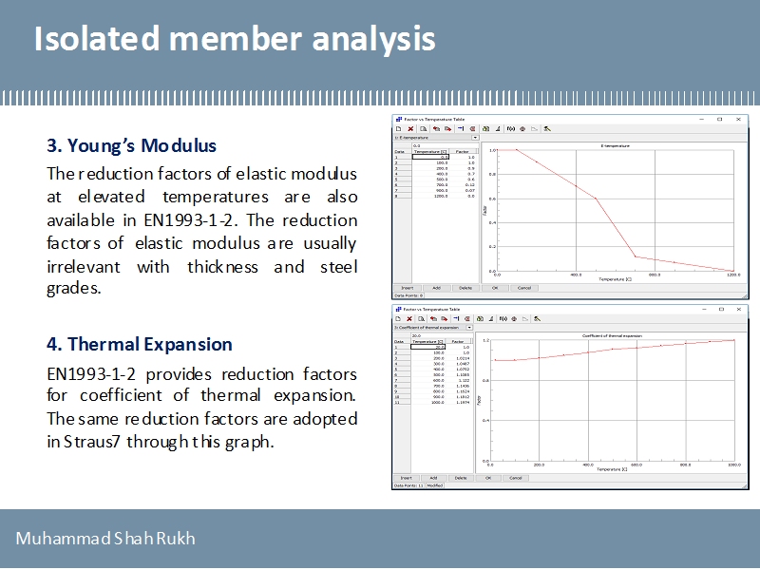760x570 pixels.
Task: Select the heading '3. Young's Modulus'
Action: coord(132,146)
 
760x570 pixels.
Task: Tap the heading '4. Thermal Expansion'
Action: coord(140,344)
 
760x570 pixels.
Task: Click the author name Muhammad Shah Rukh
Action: coord(105,539)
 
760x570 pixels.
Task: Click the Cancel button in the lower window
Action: coord(516,478)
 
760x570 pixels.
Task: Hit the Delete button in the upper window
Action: coord(465,287)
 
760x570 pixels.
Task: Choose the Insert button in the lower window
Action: coord(406,478)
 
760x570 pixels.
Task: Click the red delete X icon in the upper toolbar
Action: coord(410,128)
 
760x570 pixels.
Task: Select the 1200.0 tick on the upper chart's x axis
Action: coord(732,275)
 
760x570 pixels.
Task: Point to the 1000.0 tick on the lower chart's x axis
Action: coord(733,465)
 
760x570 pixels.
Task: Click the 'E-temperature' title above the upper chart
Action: coord(615,145)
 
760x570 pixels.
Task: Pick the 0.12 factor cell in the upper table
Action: coord(465,184)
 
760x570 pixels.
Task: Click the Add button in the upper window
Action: coord(436,287)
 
